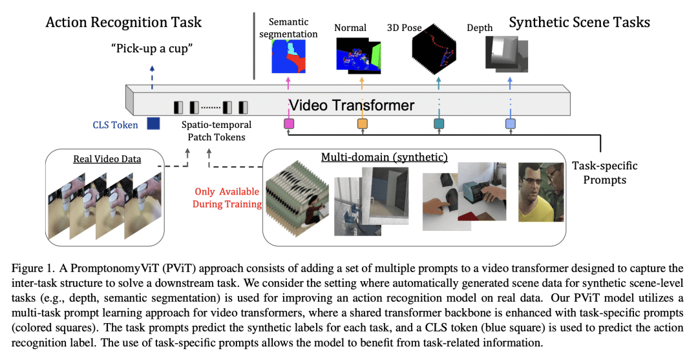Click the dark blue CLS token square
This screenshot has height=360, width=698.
(153, 123)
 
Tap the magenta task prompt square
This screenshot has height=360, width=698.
(289, 123)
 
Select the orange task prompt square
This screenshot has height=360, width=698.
(363, 123)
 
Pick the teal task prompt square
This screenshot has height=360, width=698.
(439, 123)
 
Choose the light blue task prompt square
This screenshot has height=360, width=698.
(510, 123)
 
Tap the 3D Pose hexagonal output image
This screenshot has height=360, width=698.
(437, 52)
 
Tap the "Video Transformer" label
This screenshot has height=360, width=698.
(351, 104)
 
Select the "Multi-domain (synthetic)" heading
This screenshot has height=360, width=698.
(375, 158)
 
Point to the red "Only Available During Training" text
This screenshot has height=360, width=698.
(227, 198)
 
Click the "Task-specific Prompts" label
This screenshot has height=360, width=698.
(600, 172)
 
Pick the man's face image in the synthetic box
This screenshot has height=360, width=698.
(540, 192)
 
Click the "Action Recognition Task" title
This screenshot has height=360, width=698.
(123, 22)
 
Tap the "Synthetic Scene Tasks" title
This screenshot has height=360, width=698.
(579, 23)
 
